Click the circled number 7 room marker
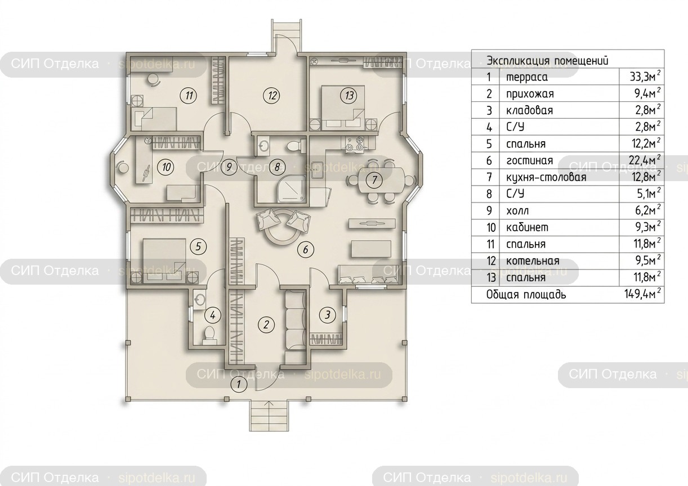(374, 179)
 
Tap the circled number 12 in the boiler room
(272, 96)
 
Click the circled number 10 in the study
(166, 167)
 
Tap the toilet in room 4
(209, 335)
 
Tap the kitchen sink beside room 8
(316, 170)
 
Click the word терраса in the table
(527, 77)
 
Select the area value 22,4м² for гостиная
(645, 160)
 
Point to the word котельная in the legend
(533, 261)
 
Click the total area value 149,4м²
(642, 294)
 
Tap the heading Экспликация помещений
(547, 61)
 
